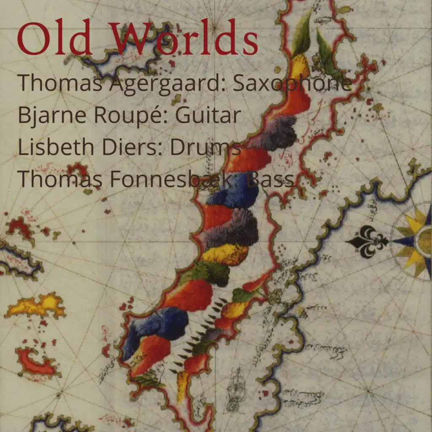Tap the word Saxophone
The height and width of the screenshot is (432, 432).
(x=292, y=84)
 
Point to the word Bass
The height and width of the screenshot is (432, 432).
(x=270, y=178)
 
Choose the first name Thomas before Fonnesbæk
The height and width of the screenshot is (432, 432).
(x=59, y=178)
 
